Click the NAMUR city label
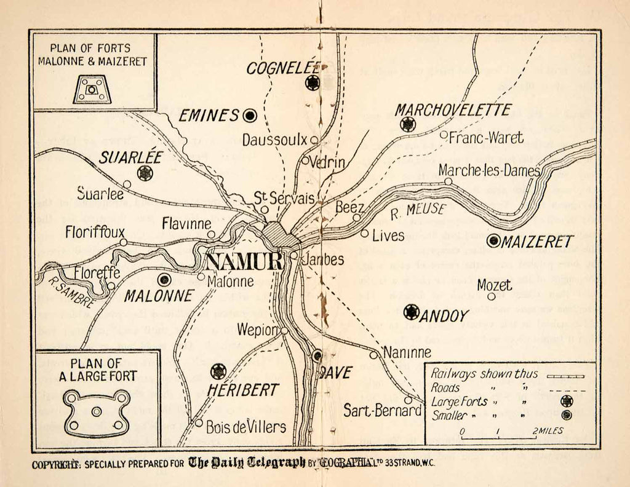tap(243, 261)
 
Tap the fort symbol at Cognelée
tap(313, 83)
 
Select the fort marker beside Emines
tap(250, 115)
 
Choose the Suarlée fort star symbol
tap(145, 173)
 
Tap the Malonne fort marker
tap(164, 280)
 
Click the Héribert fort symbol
tap(218, 371)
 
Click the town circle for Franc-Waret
tap(444, 135)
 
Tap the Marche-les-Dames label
tap(490, 170)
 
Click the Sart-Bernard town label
tap(377, 410)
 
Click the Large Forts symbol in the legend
tap(567, 401)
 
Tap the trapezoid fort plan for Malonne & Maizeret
tap(92, 90)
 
